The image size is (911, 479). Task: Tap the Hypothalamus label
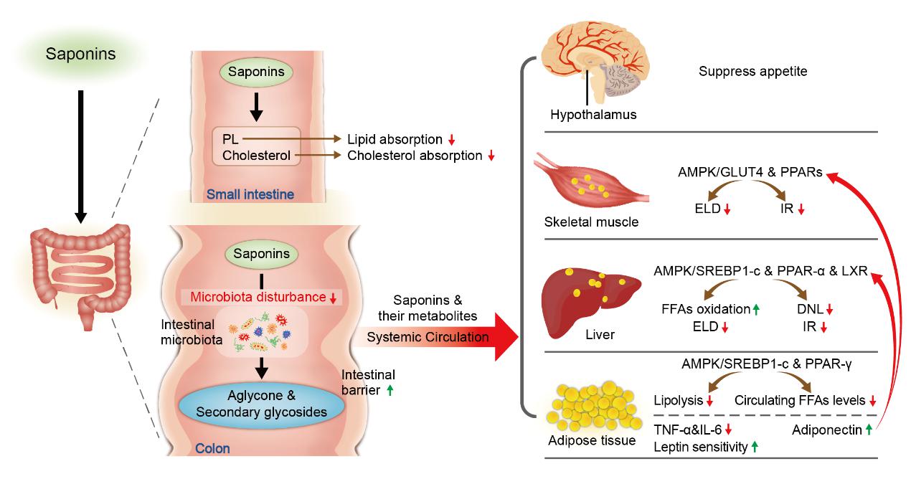pos(583,114)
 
